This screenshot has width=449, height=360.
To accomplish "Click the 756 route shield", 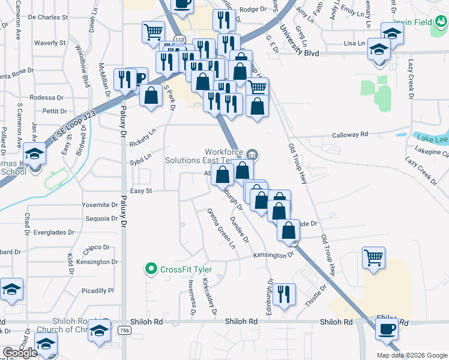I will [x=124, y=330].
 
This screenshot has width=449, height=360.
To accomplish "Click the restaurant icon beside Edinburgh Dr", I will [x=283, y=294].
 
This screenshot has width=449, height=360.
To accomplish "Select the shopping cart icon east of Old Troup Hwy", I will [x=374, y=259].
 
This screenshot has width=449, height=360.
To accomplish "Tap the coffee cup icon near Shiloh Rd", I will [x=387, y=329].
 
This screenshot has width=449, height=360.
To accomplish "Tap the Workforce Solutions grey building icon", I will [x=252, y=155].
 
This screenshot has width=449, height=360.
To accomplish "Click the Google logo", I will [x=20, y=353].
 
